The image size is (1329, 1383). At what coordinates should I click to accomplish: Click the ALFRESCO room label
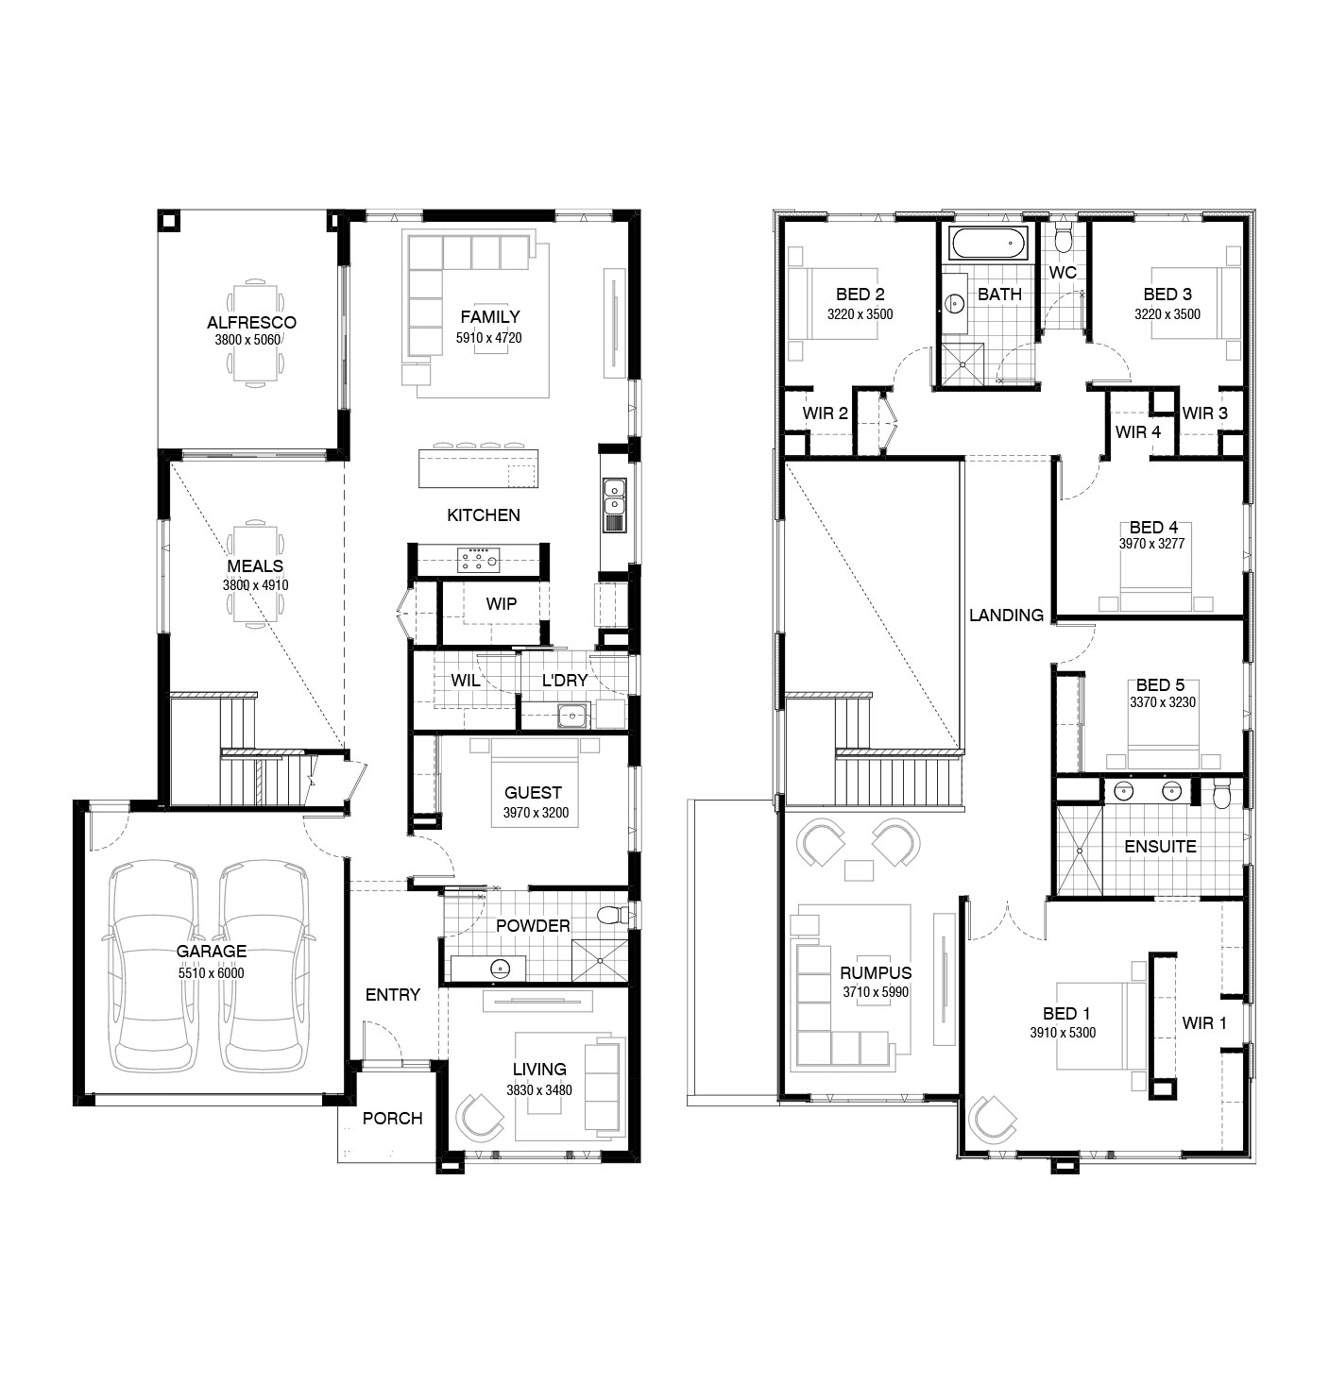(251, 323)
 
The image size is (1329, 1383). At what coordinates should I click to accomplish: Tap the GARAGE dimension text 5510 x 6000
(212, 973)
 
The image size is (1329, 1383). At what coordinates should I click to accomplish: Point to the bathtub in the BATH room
(990, 244)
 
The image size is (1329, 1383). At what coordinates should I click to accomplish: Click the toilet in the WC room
(1063, 238)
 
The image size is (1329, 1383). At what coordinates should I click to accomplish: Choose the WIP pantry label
(502, 604)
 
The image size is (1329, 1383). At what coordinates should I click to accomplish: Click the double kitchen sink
(614, 505)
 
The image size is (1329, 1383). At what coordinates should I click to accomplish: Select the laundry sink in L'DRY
(573, 715)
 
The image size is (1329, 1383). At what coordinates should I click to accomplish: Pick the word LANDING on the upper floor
(1006, 615)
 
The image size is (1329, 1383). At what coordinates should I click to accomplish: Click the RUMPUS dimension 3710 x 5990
(876, 992)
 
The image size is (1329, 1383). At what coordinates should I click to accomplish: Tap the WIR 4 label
(1137, 432)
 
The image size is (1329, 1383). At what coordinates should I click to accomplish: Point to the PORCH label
(392, 1119)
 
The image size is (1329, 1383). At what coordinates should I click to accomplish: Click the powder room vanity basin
(502, 968)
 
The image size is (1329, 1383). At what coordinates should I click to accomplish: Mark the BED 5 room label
(1161, 685)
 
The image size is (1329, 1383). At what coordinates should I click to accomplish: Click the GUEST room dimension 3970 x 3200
(536, 813)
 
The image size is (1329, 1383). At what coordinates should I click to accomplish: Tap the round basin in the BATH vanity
(954, 303)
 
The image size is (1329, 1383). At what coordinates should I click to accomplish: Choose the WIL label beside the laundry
(465, 681)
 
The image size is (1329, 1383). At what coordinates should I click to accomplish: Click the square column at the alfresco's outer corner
(169, 220)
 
